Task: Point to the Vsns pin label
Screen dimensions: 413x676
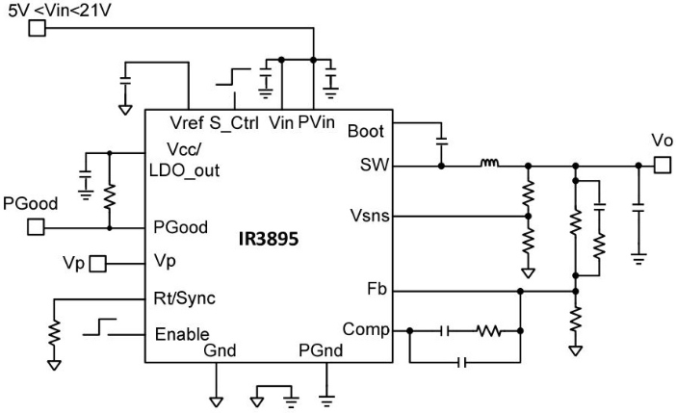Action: point(367,217)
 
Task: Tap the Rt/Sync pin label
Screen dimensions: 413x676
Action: point(185,297)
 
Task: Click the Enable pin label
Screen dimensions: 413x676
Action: point(181,334)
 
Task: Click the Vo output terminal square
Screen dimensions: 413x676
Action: point(663,167)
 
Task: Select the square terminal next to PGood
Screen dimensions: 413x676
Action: point(35,228)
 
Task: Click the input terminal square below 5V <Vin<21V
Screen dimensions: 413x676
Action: point(35,29)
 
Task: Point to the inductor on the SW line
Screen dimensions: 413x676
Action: point(489,166)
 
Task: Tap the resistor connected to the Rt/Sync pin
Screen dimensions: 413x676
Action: point(54,330)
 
